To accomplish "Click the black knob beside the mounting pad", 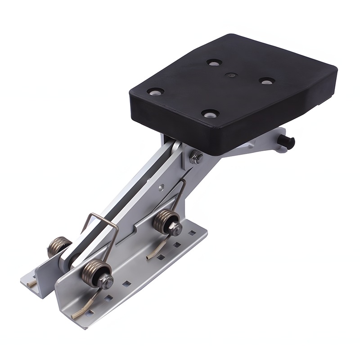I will (x=286, y=141).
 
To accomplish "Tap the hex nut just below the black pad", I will (x=195, y=158).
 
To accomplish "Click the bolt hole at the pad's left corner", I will (x=155, y=91).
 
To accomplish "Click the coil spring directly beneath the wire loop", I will (x=96, y=272).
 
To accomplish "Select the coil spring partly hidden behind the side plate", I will (x=58, y=245).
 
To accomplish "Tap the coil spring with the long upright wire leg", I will (x=166, y=222).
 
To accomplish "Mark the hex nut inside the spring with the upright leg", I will (x=175, y=229).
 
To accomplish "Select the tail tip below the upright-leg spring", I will (x=148, y=257).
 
